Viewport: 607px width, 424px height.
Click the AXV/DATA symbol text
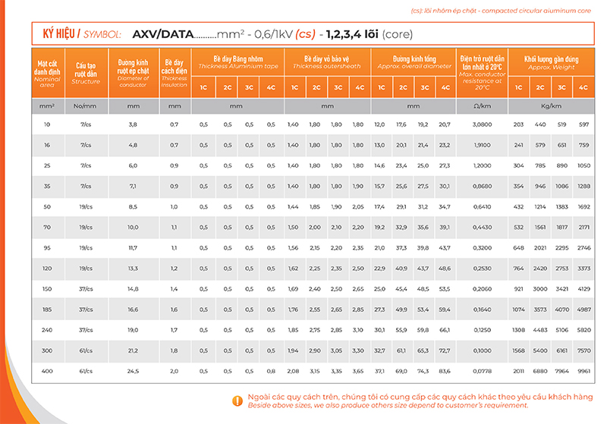point(162,34)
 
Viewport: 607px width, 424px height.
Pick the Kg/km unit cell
point(552,106)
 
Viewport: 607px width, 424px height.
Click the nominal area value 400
point(48,371)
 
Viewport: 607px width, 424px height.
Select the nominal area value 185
point(48,309)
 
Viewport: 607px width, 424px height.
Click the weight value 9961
point(583,371)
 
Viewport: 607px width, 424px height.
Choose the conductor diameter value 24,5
point(133,371)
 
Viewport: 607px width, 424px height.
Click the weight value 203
point(519,124)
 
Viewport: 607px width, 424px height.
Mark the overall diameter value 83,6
point(445,371)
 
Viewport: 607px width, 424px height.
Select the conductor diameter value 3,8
point(133,124)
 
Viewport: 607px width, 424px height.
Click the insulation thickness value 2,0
point(175,371)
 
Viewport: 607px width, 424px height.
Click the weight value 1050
point(583,165)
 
